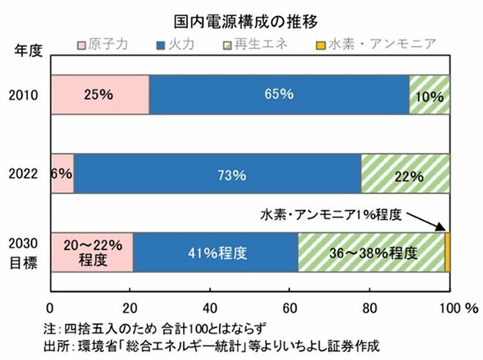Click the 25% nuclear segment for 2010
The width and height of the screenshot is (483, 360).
(100, 94)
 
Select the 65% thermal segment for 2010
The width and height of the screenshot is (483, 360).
(279, 94)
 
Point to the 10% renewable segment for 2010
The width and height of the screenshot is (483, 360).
(430, 94)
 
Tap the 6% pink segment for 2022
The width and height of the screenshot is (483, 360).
(62, 174)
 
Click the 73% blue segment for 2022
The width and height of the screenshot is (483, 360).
(217, 174)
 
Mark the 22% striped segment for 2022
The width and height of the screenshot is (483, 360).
(405, 174)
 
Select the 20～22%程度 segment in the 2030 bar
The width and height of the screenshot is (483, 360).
(91, 253)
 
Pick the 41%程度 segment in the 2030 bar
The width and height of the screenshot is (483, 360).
(215, 253)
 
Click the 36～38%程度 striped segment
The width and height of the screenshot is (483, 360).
(371, 253)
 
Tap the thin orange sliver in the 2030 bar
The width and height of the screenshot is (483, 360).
(447, 253)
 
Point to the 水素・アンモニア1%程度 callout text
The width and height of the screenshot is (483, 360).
(332, 215)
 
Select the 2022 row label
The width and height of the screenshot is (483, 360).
(27, 174)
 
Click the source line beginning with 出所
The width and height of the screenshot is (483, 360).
(208, 342)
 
